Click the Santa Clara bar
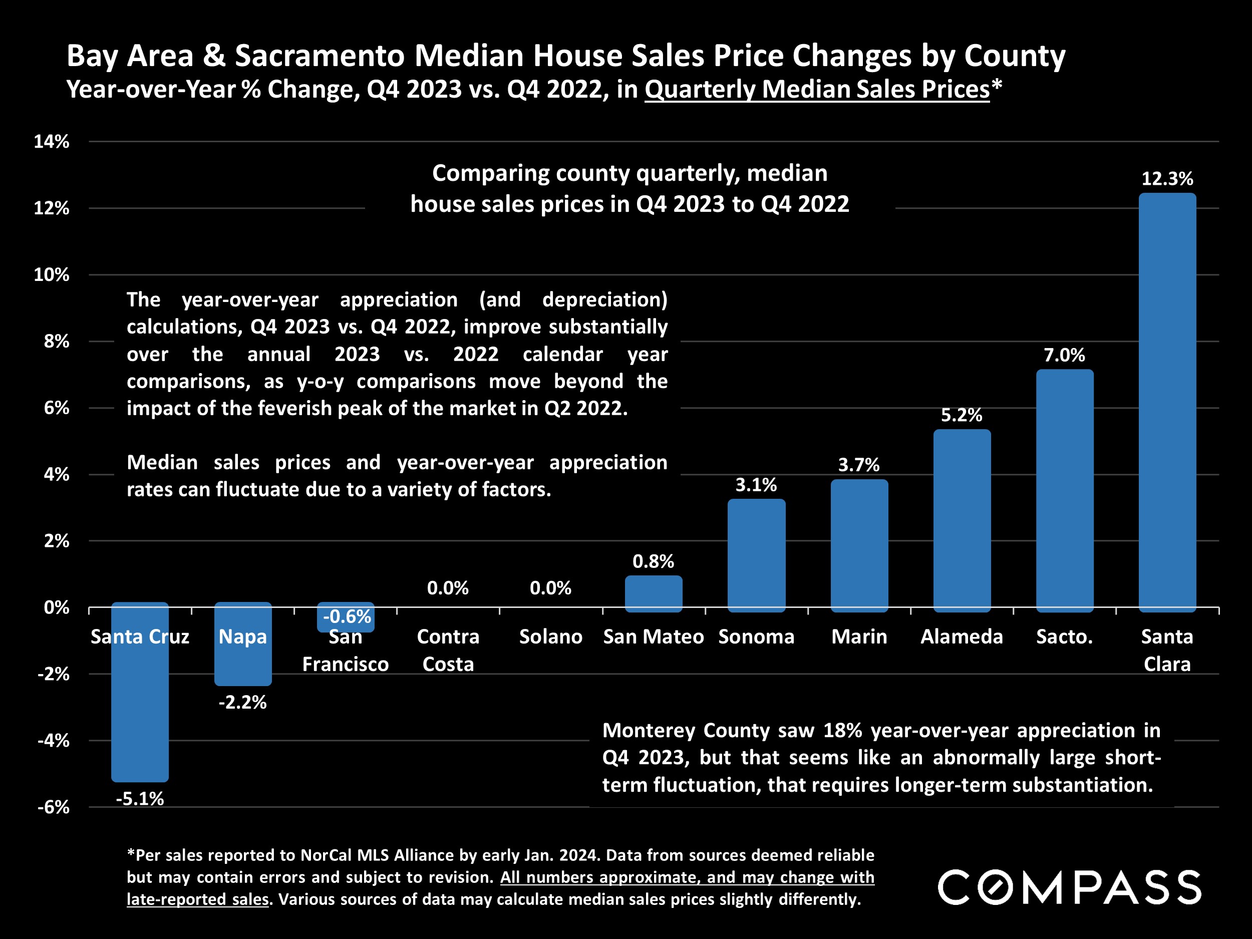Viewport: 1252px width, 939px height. (1166, 402)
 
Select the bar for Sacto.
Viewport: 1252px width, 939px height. (1064, 490)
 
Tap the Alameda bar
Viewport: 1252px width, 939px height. (962, 520)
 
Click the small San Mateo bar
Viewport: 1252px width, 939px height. (653, 593)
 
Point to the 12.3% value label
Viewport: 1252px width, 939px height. (1166, 179)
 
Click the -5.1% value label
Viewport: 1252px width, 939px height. (140, 799)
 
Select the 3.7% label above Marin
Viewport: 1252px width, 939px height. (859, 465)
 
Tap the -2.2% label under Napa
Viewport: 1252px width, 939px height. (242, 703)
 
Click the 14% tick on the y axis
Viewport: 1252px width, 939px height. (52, 142)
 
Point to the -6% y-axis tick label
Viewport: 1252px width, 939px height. (53, 807)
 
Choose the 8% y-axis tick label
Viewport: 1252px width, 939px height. (57, 342)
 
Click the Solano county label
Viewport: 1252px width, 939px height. (551, 637)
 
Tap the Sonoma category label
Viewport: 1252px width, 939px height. (756, 637)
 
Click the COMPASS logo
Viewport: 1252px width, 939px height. (1069, 887)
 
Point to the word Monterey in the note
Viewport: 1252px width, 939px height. (649, 730)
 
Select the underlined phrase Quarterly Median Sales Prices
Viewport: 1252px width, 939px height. (817, 90)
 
